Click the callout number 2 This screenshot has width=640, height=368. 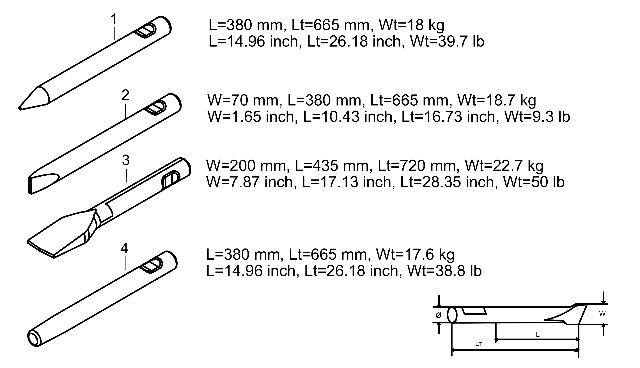(x=125, y=95)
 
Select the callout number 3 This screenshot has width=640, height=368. (x=126, y=160)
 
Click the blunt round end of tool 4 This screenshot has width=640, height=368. (x=34, y=338)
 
